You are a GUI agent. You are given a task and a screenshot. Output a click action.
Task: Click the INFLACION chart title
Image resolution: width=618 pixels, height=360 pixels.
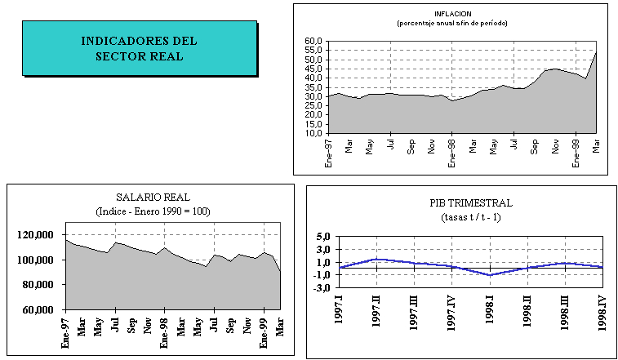(x=453, y=14)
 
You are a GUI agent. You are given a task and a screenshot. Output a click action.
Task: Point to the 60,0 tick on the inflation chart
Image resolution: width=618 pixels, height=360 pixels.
(x=314, y=41)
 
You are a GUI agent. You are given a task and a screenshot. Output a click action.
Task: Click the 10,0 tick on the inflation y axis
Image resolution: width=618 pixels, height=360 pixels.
(x=314, y=133)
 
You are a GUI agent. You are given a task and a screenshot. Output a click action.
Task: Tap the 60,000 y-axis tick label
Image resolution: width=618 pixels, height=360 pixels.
(x=36, y=309)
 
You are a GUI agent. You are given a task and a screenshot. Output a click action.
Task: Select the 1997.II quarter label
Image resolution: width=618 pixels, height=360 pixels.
(x=377, y=311)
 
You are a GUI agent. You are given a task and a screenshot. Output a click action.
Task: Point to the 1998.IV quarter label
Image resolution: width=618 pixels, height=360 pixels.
(x=601, y=311)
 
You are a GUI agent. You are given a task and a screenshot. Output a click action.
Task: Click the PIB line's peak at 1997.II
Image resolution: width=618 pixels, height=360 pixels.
(x=376, y=259)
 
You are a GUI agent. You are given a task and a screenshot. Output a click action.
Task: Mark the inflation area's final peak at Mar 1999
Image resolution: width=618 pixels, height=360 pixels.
(x=596, y=52)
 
